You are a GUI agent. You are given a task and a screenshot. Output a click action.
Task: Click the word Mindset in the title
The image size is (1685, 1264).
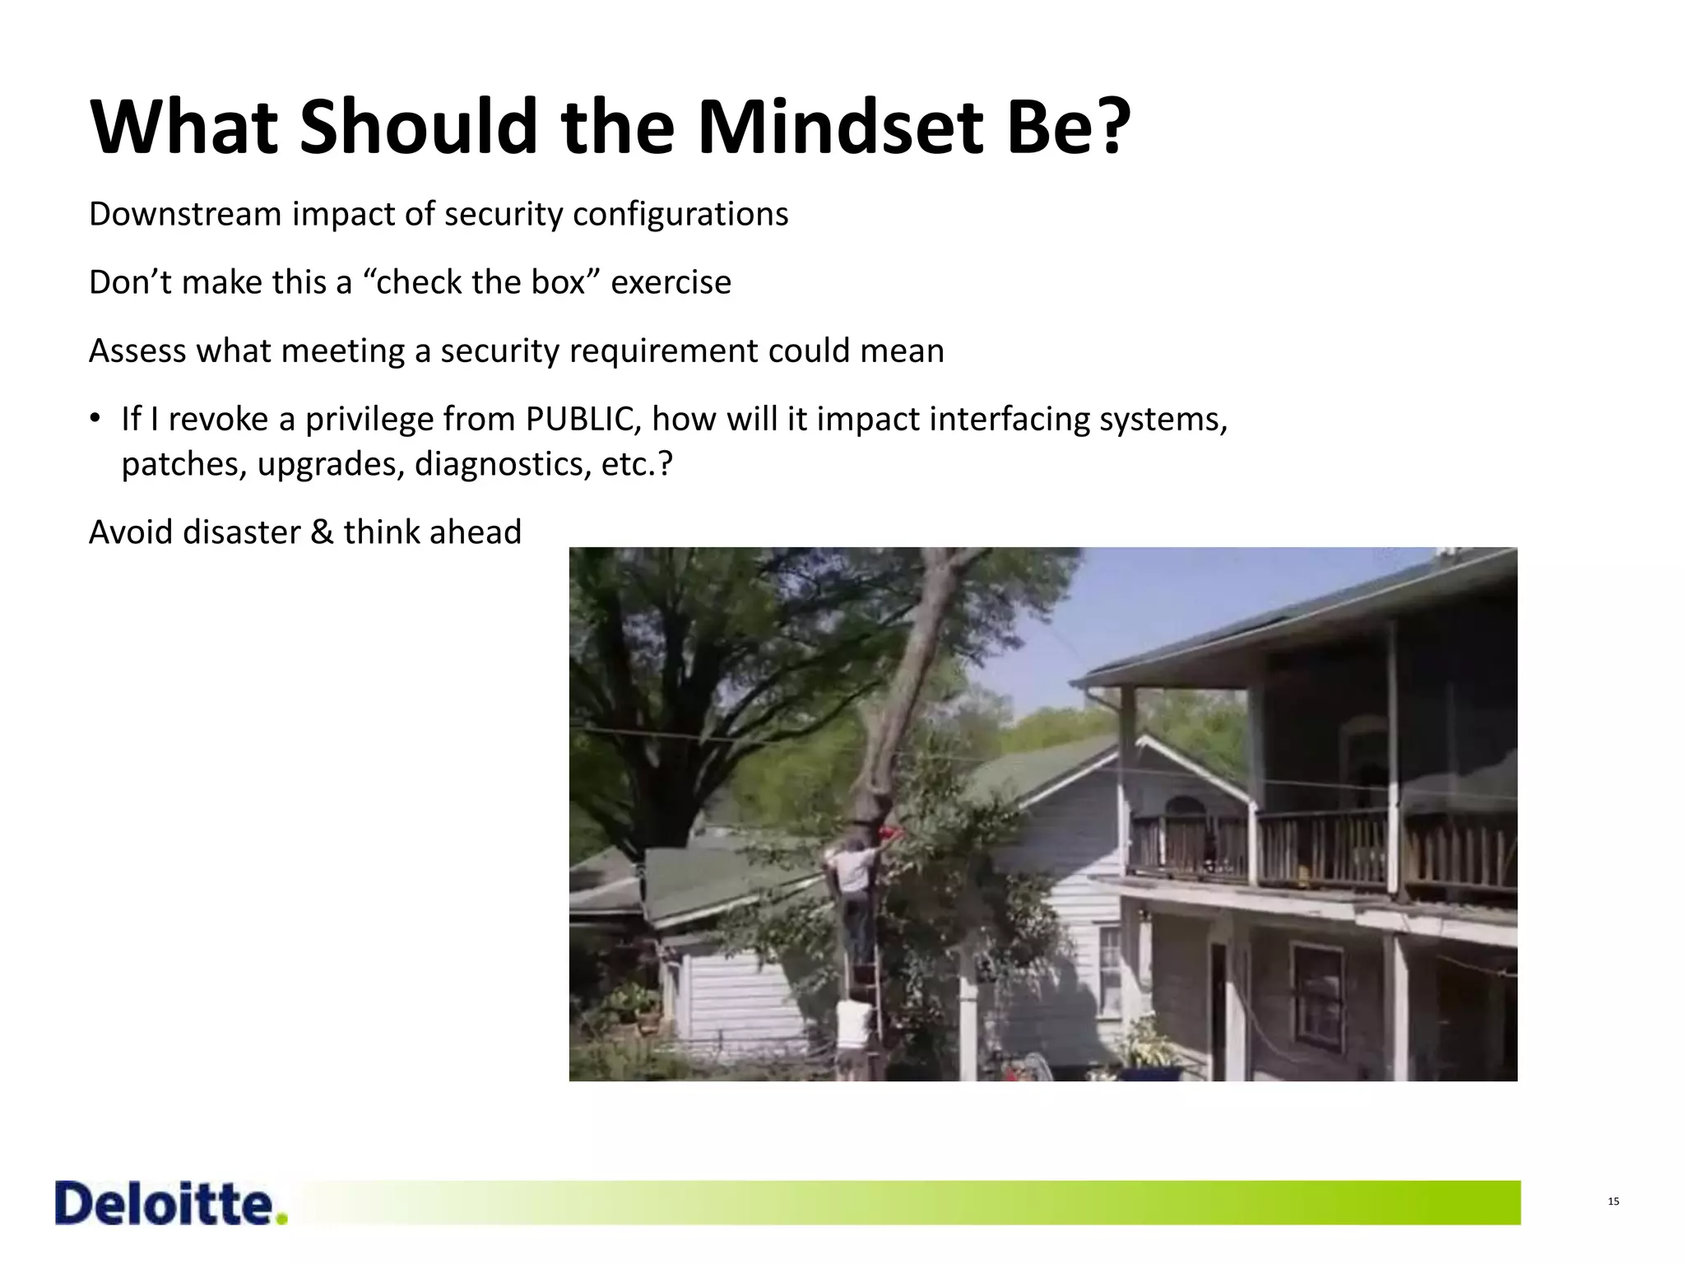[840, 128]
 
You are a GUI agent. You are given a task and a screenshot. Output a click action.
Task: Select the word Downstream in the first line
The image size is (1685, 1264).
[185, 214]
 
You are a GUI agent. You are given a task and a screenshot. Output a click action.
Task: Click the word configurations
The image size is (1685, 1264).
[680, 216]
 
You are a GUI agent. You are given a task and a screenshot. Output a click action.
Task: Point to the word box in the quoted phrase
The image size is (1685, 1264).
[562, 282]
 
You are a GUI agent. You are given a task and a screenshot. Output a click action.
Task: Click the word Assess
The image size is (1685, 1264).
[137, 351]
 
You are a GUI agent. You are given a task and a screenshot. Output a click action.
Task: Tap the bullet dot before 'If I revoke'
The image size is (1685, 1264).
[95, 419]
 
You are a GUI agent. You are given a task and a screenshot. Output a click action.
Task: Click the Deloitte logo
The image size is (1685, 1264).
[165, 1205]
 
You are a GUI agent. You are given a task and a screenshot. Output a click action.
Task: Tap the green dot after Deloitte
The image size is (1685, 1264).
[282, 1220]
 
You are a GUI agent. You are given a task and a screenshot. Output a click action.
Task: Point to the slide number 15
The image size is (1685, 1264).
[1613, 1201]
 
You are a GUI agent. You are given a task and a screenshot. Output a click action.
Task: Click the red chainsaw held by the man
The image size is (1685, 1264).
[889, 833]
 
